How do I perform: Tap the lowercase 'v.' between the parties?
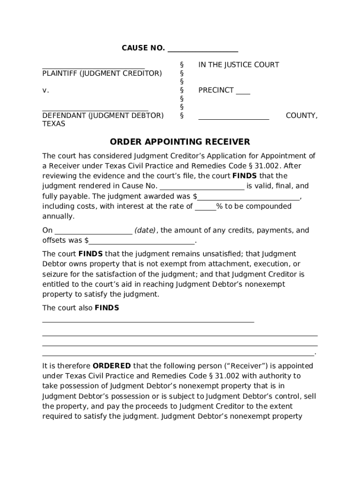click(x=45, y=90)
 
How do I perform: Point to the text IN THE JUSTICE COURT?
click(x=238, y=65)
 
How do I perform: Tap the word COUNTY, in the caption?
click(x=301, y=116)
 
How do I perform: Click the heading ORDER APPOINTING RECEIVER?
click(x=180, y=142)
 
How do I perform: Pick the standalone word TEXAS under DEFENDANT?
click(x=54, y=124)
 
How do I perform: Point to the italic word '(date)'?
click(x=145, y=230)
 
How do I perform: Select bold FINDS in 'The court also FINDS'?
click(x=107, y=308)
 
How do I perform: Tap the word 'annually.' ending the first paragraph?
click(x=58, y=217)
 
